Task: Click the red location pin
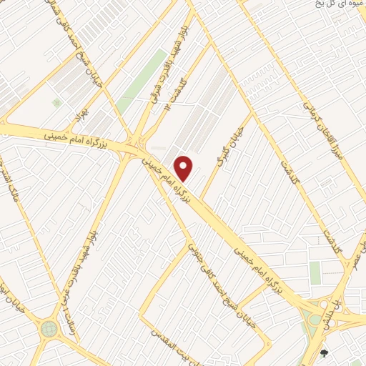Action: tap(184, 169)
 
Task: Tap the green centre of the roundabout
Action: tap(49, 329)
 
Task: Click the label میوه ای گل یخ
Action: tap(340, 4)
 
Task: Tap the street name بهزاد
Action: tap(79, 114)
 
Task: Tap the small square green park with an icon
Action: tap(56, 103)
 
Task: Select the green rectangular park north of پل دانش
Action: tap(315, 272)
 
